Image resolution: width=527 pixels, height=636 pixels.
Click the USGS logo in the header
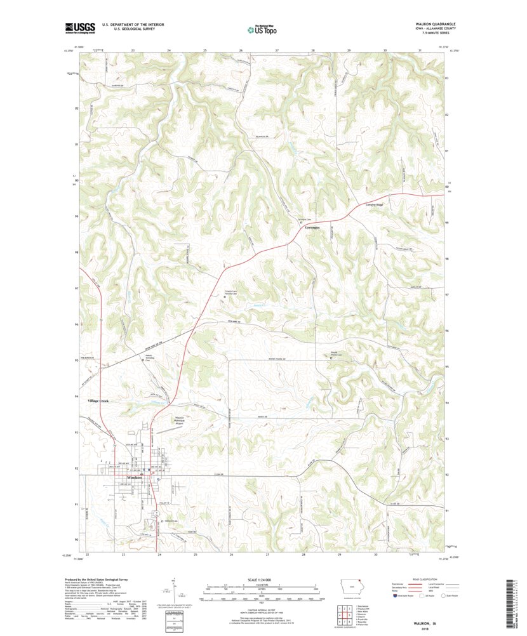[79, 27]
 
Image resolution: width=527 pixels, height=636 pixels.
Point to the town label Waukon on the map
[134, 477]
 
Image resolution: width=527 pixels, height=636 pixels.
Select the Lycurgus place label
[311, 227]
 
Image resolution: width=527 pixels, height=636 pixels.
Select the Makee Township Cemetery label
[152, 357]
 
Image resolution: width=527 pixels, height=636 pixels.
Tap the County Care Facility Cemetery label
[230, 293]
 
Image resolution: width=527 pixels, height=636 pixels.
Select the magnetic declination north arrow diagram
[174, 589]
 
